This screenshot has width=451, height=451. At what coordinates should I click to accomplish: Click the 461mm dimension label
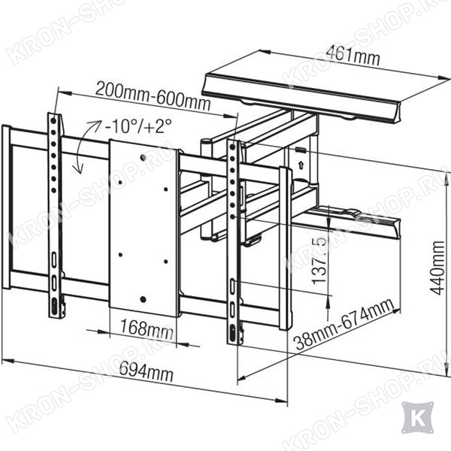(353, 56)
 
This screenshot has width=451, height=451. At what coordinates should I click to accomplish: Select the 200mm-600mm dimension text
(153, 96)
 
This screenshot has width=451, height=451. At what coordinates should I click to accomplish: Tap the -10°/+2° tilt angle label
(138, 126)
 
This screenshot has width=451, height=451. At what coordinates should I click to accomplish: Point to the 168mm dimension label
(147, 329)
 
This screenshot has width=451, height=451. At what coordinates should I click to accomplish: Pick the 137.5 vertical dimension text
(319, 261)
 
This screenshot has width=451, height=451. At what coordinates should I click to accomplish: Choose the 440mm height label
(437, 268)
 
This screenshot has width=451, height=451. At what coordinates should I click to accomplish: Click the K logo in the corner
(417, 417)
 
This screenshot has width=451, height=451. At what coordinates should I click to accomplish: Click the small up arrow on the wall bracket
(301, 165)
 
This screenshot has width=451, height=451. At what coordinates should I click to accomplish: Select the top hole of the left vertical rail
(53, 121)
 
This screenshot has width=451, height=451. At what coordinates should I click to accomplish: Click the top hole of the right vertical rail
(232, 147)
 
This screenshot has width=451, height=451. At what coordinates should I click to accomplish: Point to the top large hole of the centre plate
(144, 157)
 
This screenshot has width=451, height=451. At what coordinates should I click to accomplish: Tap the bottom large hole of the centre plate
(143, 299)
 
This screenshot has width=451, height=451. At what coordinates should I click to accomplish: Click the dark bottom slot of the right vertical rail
(232, 333)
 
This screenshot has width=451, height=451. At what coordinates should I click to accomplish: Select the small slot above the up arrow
(301, 150)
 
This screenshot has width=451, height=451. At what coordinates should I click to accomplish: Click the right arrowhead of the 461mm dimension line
(444, 78)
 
